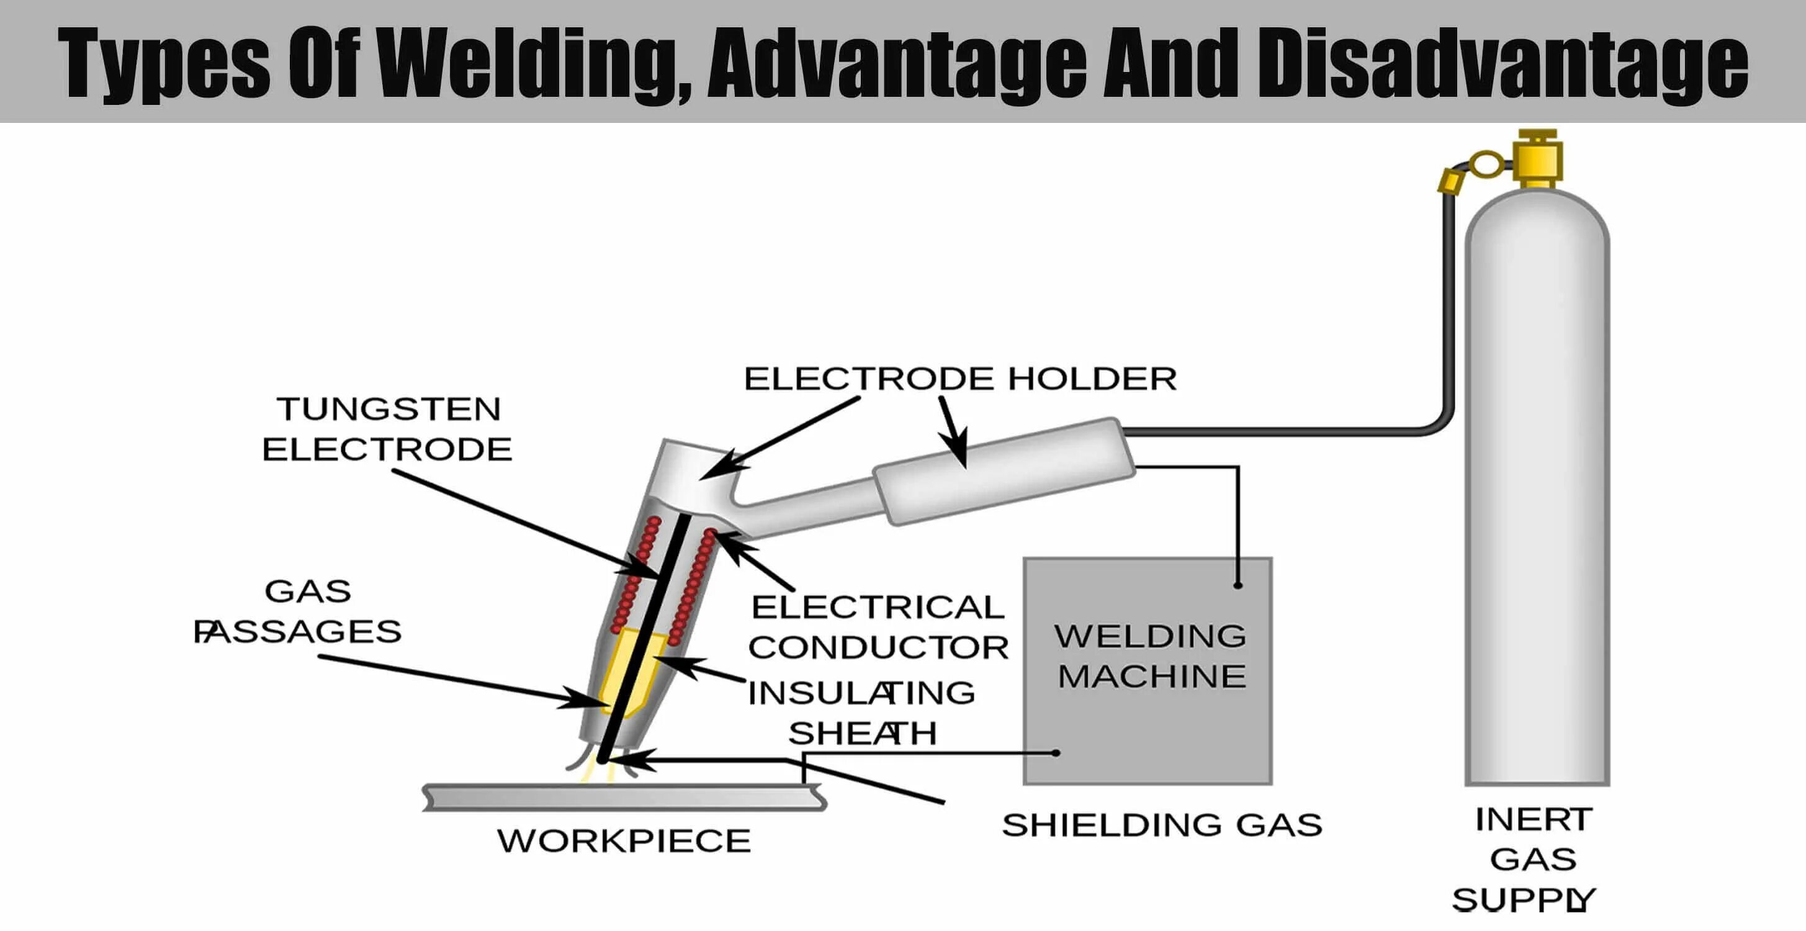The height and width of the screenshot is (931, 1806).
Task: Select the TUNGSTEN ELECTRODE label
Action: click(x=388, y=428)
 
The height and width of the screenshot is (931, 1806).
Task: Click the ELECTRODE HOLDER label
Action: click(x=960, y=379)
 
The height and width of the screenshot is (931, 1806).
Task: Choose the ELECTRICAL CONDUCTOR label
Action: click(x=878, y=627)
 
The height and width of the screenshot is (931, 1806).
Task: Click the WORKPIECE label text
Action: click(x=624, y=840)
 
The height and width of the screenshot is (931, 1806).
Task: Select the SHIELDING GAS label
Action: click(x=1162, y=825)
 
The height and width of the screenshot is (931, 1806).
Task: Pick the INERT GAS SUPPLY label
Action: click(x=1529, y=860)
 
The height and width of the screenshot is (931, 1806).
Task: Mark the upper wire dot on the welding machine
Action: click(x=1238, y=585)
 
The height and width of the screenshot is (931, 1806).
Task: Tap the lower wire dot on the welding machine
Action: click(x=1056, y=753)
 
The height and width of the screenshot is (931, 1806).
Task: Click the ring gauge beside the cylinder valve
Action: click(x=1485, y=166)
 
